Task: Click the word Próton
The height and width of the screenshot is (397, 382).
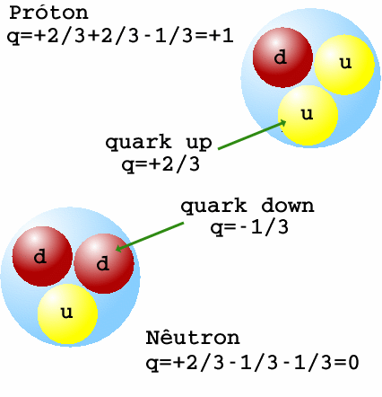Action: [x=48, y=13]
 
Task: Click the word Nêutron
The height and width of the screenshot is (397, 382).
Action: [x=193, y=338]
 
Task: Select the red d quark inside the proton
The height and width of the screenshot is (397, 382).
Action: [x=282, y=57]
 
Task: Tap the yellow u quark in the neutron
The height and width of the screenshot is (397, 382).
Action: [x=68, y=313]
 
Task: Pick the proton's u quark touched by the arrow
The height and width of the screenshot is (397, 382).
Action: [x=308, y=116]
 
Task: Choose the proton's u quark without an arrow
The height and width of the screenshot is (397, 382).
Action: [x=344, y=65]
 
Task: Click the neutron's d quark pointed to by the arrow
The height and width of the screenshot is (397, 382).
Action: [x=104, y=263]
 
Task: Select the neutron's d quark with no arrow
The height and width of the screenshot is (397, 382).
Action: [x=42, y=256]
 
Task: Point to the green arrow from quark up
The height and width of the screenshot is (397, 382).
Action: [x=252, y=135]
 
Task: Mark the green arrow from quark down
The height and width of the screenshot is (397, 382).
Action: [x=150, y=237]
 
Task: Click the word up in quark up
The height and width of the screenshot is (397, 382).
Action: [x=199, y=142]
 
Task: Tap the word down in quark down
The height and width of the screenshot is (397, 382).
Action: [x=288, y=206]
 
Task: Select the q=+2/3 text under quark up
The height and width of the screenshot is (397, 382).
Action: [x=161, y=164]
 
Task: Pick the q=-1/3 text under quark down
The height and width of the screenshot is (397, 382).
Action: [x=249, y=228]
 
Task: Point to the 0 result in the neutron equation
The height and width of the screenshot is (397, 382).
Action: [x=353, y=363]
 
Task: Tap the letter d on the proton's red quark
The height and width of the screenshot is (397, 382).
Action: [x=280, y=57]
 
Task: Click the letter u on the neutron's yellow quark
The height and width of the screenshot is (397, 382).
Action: [x=66, y=313]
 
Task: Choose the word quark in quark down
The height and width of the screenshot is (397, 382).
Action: [x=213, y=207]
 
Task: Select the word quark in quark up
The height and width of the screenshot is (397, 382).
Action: [x=138, y=143]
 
